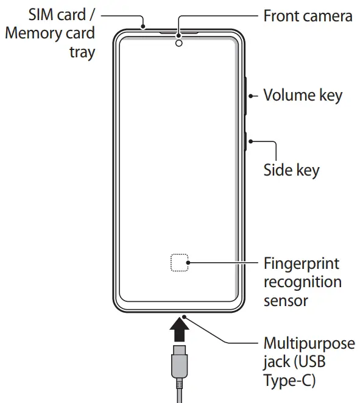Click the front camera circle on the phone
(x=179, y=43)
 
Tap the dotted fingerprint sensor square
(x=179, y=263)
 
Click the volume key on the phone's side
(x=246, y=96)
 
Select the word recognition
(x=302, y=283)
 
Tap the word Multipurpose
(x=309, y=343)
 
